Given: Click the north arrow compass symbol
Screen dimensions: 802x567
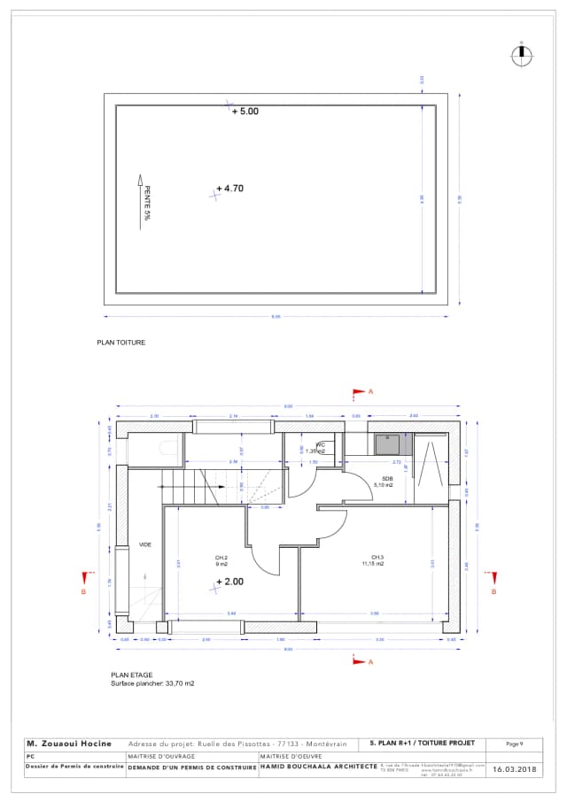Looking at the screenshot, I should [523, 54].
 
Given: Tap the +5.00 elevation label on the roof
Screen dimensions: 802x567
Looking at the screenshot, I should [245, 112].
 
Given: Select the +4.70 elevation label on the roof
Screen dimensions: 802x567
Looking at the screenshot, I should [234, 189].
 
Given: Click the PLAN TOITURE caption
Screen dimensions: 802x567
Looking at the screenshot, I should [120, 342].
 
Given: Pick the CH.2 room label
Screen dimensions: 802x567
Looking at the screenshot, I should [221, 560].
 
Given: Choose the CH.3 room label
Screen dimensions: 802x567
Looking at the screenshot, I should [377, 560].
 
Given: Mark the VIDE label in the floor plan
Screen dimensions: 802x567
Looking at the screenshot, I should [144, 544].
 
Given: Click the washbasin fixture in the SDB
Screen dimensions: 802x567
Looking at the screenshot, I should [386, 441].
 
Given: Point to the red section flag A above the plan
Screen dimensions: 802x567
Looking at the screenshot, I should [360, 390].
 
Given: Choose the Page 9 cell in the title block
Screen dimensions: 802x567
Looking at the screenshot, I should [515, 744].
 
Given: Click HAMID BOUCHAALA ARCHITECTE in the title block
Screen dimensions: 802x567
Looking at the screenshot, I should [318, 770].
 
